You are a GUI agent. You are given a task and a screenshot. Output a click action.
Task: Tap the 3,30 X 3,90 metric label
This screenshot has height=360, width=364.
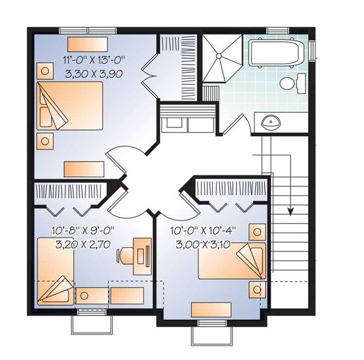[x=98, y=71]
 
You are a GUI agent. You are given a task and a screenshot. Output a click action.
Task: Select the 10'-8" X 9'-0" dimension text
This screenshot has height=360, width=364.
[x=84, y=230]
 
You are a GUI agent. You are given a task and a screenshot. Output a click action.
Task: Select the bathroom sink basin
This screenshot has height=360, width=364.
[x=270, y=122]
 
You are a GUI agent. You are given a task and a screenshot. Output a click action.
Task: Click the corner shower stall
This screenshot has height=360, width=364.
[x=221, y=59]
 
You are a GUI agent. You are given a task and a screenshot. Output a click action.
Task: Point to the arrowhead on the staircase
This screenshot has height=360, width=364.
[x=291, y=211]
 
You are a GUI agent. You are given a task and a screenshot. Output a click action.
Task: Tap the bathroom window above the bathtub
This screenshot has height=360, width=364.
[x=277, y=30]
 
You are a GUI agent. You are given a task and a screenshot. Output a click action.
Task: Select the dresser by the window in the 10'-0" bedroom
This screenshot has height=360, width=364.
[x=211, y=309]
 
